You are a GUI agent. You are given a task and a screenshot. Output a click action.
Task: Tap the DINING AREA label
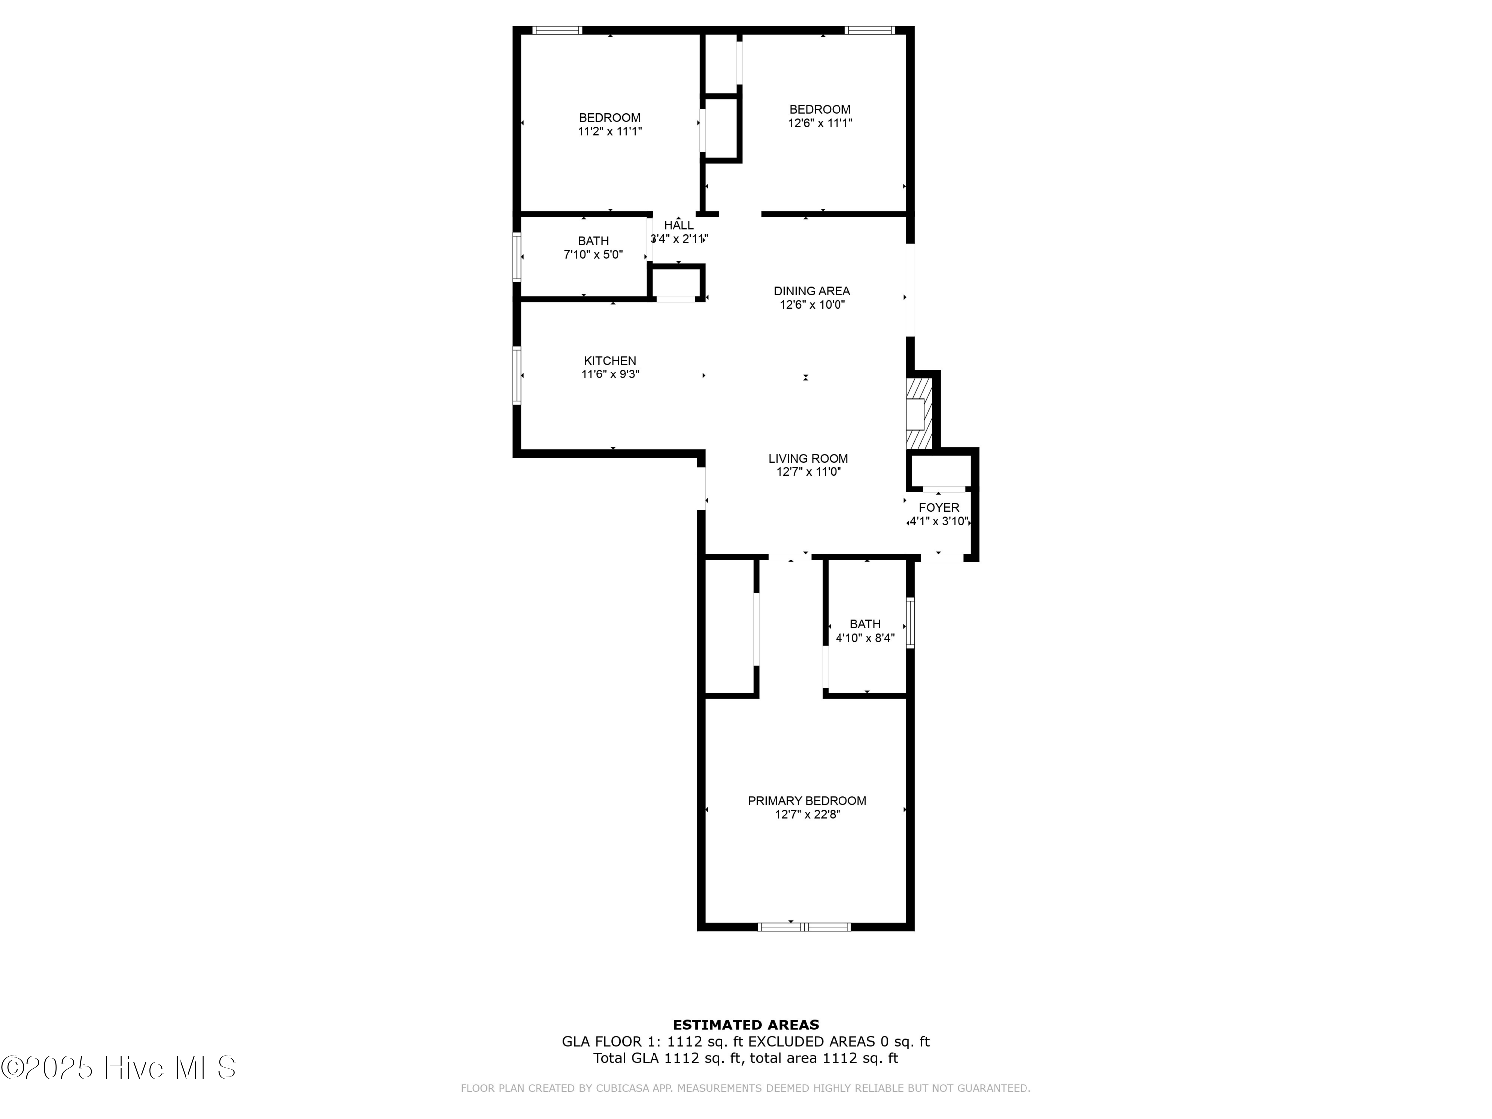(x=812, y=291)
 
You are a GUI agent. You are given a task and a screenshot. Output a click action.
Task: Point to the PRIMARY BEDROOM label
(x=807, y=801)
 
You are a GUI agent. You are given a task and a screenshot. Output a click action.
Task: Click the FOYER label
(x=938, y=508)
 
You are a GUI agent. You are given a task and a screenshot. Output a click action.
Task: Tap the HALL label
(x=678, y=225)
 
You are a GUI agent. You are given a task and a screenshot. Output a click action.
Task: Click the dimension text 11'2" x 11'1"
(x=609, y=131)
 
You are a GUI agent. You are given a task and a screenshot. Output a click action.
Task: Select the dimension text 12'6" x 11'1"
(x=820, y=123)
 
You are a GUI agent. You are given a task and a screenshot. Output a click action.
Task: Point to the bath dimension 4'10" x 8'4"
(x=865, y=638)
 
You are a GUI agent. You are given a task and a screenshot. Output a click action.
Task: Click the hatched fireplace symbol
(x=918, y=413)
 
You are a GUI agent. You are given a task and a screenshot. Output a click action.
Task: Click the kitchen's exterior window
(x=517, y=375)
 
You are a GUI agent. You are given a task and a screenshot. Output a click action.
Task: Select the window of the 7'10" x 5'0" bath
(x=517, y=256)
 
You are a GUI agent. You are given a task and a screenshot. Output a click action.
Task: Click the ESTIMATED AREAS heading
(x=746, y=1025)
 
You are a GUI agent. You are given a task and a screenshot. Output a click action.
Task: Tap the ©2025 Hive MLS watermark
(x=118, y=1068)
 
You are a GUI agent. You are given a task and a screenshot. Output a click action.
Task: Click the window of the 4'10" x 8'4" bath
(x=910, y=623)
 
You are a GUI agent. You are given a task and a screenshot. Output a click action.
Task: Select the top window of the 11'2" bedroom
(x=557, y=30)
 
